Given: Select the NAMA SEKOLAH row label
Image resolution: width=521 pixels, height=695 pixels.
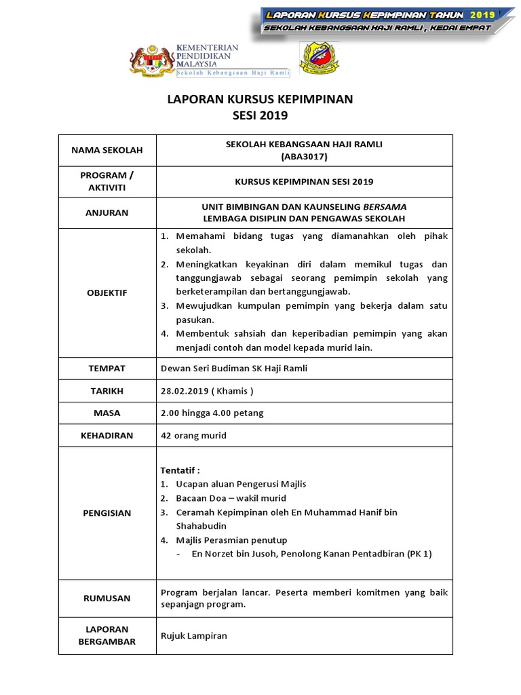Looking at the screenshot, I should point(107,150).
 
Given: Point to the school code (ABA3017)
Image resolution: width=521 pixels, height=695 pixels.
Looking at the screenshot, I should point(304,156).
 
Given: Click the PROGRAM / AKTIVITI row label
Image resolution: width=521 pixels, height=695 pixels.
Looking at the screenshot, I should point(107,181).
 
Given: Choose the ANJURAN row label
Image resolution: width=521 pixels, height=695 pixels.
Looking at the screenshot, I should point(107,212).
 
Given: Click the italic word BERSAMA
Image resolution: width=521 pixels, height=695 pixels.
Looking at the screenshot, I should point(385,206).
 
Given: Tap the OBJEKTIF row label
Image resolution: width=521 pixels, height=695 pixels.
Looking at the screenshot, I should point(107,293).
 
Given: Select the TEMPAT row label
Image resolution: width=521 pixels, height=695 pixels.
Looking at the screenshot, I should point(107,368).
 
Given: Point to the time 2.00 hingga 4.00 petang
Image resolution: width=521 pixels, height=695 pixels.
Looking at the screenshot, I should point(212,413).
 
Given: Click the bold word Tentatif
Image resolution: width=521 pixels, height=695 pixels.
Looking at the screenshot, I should point(180,470).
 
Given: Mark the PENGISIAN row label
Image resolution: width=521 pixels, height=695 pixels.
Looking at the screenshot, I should point(107,513).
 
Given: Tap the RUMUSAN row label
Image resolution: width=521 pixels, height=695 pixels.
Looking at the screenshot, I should point(107,599).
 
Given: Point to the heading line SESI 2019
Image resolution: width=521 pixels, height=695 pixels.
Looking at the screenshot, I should point(260,115).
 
